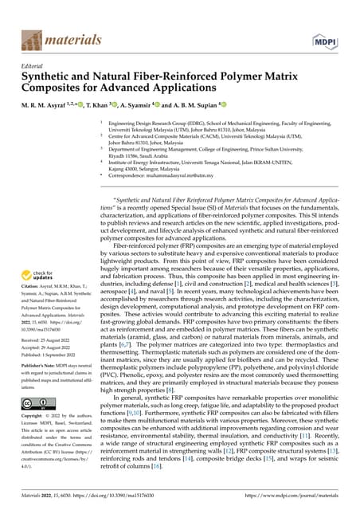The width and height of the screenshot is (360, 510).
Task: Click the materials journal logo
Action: click(55, 39)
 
